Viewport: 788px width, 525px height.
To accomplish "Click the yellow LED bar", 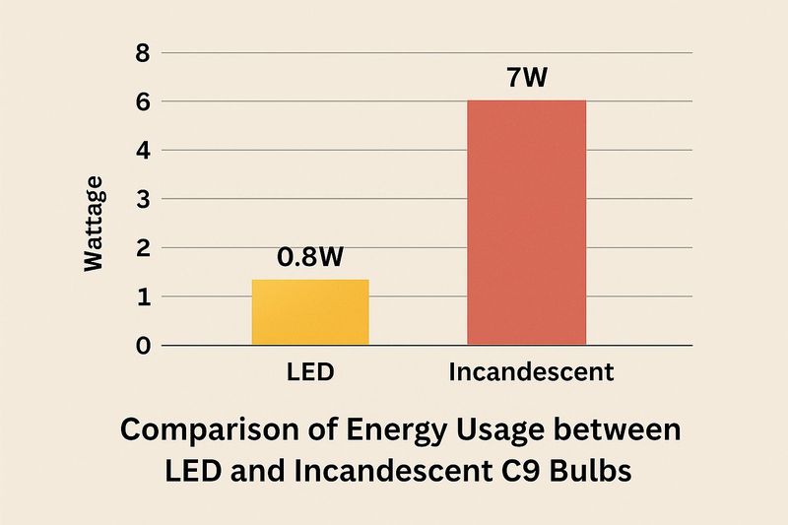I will click(x=310, y=312).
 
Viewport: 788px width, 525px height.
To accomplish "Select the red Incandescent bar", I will click(x=527, y=223).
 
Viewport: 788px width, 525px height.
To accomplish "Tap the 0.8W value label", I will click(x=310, y=257).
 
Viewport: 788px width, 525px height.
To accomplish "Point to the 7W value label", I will click(x=527, y=78).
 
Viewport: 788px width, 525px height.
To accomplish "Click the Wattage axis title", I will click(x=93, y=223).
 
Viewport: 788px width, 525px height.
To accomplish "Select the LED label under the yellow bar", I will click(x=309, y=373).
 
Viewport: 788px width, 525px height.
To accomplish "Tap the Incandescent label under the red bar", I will click(x=531, y=373).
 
